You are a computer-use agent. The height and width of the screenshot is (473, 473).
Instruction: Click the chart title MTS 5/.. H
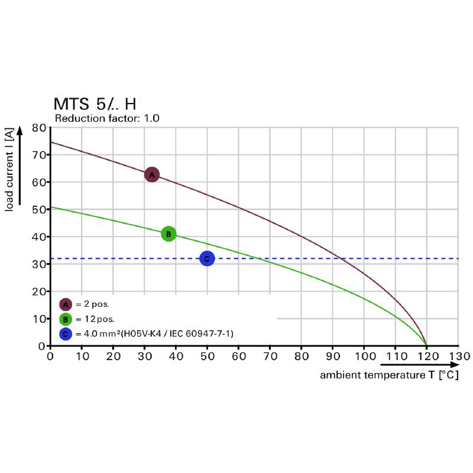[x=95, y=105]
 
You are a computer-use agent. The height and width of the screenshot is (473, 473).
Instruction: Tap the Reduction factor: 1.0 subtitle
[x=106, y=118]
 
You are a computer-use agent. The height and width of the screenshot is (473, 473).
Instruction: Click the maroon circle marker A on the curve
[x=152, y=174]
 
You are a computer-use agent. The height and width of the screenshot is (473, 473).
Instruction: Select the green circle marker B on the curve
[x=169, y=234]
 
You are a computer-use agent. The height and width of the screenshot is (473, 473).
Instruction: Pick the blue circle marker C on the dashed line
[x=207, y=258]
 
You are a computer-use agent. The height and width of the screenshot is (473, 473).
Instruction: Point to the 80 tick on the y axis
[x=38, y=127]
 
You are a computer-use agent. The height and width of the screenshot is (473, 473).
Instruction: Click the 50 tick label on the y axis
[x=38, y=209]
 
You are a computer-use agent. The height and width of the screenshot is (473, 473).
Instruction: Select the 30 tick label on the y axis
[x=38, y=264]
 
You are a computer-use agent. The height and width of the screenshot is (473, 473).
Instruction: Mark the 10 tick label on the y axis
[x=38, y=319]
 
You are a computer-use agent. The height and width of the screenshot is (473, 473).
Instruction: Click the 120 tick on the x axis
[x=426, y=357]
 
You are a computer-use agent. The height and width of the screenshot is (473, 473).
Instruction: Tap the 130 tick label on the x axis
[x=458, y=357]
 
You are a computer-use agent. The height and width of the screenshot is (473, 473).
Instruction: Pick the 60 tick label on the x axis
[x=238, y=357]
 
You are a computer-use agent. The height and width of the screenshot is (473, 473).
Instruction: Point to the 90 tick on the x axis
[x=333, y=357]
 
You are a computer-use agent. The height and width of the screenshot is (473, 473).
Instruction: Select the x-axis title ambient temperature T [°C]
[x=389, y=375]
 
